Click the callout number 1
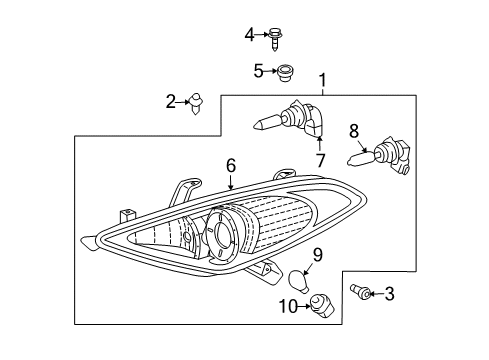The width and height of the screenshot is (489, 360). [x=322, y=81]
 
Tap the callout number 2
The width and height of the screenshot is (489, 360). [x=171, y=100]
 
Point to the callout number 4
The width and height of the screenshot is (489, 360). [x=250, y=35]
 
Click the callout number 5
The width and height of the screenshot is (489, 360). [x=257, y=70]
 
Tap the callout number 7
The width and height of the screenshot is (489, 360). [x=320, y=160]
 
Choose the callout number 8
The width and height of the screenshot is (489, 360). [x=353, y=129]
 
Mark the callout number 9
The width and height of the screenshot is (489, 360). [x=316, y=255]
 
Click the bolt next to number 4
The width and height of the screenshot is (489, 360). [x=274, y=36]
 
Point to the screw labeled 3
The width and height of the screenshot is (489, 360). [x=362, y=293]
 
